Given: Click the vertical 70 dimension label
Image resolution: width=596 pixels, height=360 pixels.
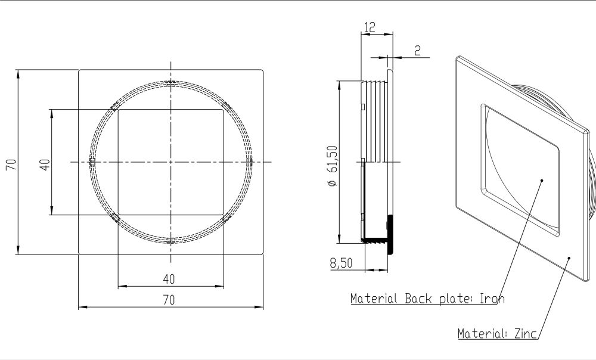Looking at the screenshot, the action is coord(11,165).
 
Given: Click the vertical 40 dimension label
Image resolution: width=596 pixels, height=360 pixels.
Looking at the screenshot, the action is coord(45,165).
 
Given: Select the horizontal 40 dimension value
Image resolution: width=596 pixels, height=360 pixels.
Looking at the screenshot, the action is coord(169,279).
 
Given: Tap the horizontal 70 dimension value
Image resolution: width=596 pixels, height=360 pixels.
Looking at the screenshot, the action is coord(169,300).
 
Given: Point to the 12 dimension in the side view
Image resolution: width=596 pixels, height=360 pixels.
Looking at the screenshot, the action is coord(370,27).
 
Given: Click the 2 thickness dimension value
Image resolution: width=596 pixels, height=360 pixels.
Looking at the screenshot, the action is coord(417,50).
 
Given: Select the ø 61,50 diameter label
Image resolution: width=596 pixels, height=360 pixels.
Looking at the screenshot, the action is coord(332,166).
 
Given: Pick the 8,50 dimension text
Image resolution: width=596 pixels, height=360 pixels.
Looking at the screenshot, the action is coord(342,263).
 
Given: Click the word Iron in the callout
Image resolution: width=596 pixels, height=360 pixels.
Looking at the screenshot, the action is coord(492,299).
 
